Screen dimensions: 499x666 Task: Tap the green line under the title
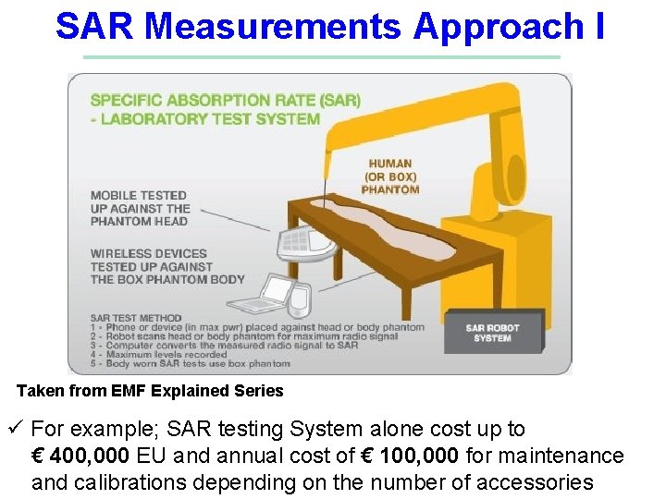321,57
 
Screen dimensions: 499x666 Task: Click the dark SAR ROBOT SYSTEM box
492,334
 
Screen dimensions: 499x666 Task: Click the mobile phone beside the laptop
299,298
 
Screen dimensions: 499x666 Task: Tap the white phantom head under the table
306,243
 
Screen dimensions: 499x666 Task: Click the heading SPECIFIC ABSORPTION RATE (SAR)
225,100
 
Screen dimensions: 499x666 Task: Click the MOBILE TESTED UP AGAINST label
139,208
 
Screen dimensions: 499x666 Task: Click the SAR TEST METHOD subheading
136,318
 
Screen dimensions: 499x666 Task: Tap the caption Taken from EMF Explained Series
150,391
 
